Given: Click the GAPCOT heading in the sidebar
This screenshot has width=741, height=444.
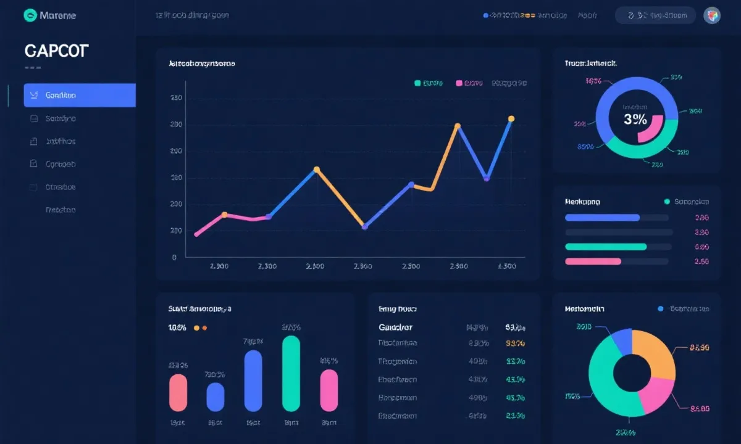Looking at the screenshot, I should tap(56, 51).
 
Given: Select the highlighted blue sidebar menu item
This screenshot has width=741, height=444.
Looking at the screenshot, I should tap(79, 96).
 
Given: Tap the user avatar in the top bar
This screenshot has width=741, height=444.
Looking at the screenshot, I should tap(711, 15).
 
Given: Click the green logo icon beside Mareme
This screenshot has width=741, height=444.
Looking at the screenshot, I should tap(30, 15).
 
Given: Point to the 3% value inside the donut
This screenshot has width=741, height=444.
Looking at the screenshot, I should tap(635, 120).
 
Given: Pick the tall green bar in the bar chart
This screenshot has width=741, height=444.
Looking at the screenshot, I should tap(291, 373).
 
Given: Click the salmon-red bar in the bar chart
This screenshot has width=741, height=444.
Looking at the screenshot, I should tap(178, 392).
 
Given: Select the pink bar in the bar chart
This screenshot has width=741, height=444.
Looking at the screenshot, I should tap(329, 390).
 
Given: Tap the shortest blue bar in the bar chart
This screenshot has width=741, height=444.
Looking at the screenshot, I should tap(216, 397).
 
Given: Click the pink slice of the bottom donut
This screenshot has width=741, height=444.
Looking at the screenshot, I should tap(656, 395).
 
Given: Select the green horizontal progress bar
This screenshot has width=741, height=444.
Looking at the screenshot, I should tap(606, 247).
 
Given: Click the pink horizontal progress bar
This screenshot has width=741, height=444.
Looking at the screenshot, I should tap(593, 261).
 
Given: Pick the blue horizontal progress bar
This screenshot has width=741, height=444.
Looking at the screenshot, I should tap(602, 218).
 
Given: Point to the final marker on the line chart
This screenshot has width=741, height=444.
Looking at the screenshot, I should tap(511, 119).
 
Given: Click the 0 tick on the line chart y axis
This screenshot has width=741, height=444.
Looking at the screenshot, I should tap(175, 258).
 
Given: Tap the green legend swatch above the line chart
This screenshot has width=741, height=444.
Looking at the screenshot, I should tap(418, 83).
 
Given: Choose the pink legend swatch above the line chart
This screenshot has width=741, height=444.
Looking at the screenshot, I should tap(459, 83).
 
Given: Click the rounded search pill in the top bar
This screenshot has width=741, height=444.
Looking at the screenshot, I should tap(655, 15).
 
